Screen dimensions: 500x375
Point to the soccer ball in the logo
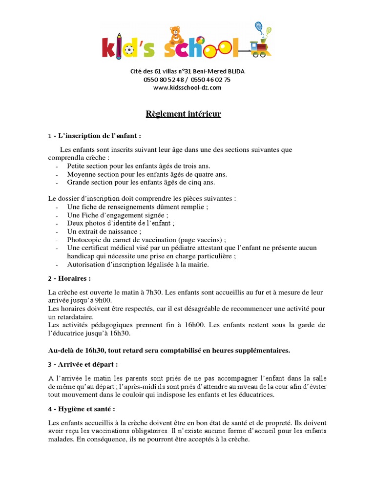[128, 50]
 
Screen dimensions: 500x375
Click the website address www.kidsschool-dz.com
[187, 87]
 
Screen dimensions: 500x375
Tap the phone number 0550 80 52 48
[164, 80]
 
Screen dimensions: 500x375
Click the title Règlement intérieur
[184, 114]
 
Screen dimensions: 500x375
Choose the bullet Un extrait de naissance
[104, 231]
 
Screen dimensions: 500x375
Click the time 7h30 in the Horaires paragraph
[153, 292]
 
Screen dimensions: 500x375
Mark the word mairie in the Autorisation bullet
[197, 265]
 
